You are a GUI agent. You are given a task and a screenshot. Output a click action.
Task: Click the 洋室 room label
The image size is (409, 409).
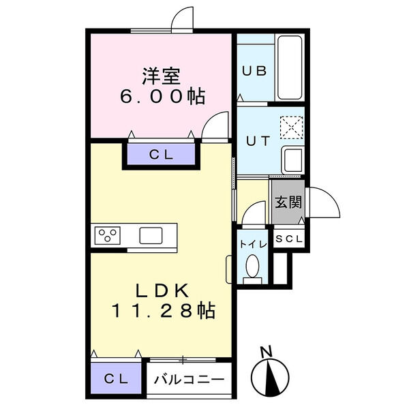tap(162, 74)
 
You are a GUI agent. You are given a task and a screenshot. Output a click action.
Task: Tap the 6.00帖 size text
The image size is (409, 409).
tap(162, 96)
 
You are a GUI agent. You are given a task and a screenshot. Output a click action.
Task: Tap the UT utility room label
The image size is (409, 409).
tap(256, 140)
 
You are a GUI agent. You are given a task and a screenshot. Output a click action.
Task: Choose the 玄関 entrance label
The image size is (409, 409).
tap(286, 202)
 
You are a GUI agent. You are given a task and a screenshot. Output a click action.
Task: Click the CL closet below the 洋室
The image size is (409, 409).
tap(162, 154)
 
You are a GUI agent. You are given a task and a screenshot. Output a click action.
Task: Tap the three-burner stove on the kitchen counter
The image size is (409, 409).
tap(107, 235)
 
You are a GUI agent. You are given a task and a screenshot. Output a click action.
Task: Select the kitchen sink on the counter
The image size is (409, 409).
tap(151, 236)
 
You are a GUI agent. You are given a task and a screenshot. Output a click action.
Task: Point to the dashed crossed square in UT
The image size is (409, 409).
tap(292, 126)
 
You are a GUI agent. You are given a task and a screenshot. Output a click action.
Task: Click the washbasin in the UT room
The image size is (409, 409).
tap(293, 160)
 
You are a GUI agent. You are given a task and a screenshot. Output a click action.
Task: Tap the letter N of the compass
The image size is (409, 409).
tap(267, 352)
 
